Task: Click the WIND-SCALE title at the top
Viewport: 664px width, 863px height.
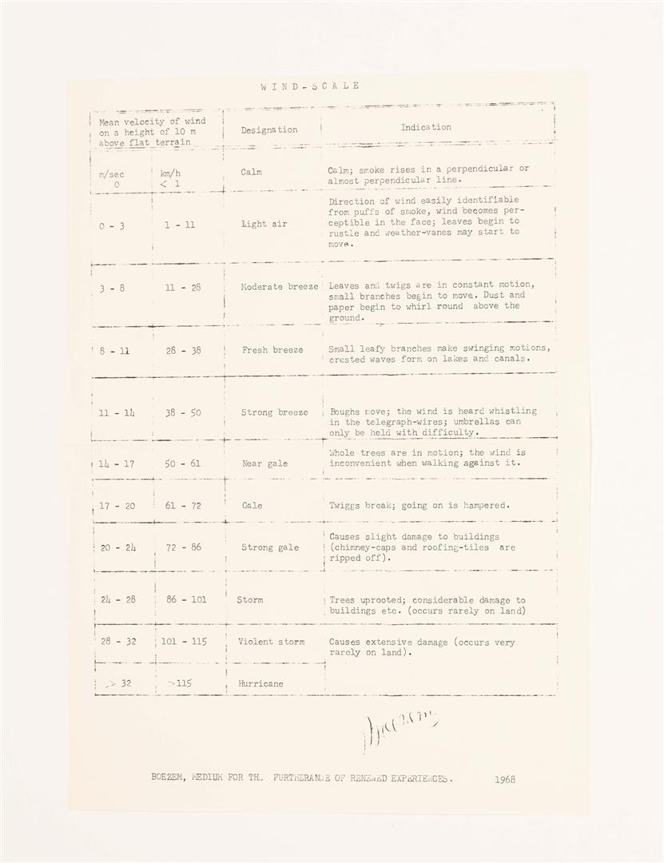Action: click(309, 86)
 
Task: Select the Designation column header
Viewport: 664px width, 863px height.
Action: click(269, 129)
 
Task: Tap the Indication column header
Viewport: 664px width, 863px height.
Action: click(426, 127)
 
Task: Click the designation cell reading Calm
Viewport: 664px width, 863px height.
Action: click(251, 172)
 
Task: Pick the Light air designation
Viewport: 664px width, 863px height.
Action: click(264, 225)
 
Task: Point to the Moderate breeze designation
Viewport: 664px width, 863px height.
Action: click(280, 286)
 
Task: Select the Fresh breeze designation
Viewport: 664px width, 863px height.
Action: click(272, 350)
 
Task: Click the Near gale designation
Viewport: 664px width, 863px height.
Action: click(264, 463)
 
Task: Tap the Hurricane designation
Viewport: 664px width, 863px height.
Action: click(260, 684)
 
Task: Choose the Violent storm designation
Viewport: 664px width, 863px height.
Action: click(271, 642)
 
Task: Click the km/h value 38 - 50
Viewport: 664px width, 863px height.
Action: click(183, 413)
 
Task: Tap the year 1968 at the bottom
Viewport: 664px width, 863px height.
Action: click(505, 778)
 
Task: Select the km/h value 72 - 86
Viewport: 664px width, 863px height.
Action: click(183, 548)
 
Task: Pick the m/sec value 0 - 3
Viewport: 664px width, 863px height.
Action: click(112, 226)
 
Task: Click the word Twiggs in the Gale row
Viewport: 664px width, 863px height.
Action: click(345, 506)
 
